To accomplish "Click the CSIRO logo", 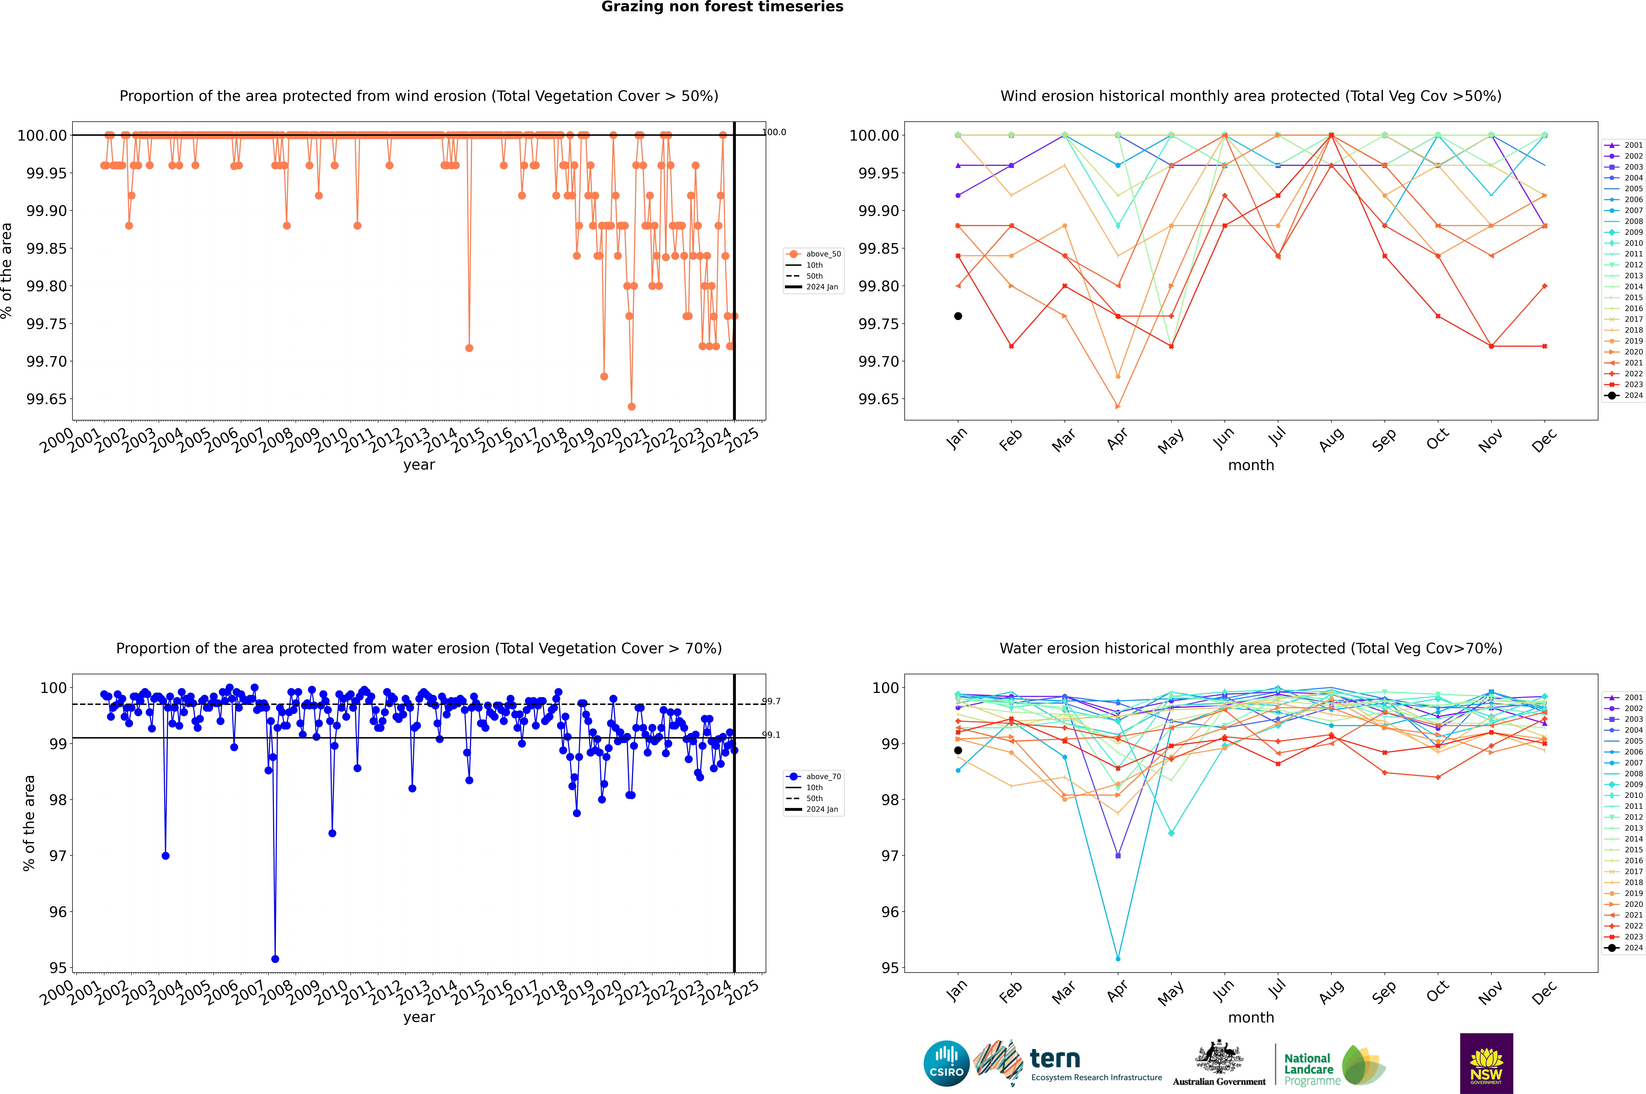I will [x=946, y=1063].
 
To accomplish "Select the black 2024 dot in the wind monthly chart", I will [x=958, y=316].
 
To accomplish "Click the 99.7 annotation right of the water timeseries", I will [x=771, y=701].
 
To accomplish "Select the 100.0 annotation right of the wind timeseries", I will [x=774, y=132].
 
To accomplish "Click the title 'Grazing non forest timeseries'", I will [x=722, y=7].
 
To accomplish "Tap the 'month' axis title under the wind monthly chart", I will [x=1250, y=465].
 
